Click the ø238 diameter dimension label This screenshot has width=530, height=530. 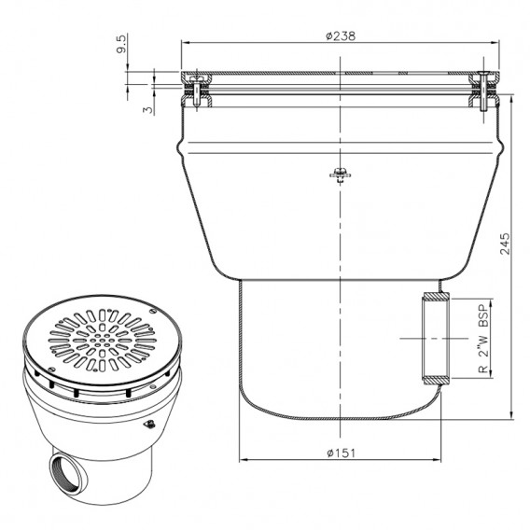pos(341,35)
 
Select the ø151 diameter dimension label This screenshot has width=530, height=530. pos(342,453)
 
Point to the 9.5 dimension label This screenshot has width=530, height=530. pos(121,43)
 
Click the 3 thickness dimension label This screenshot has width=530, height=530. pos(147,110)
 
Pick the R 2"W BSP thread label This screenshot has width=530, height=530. pos(484,339)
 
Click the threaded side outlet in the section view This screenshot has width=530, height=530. pos(436,339)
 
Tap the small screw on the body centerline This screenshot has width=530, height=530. pos(341,174)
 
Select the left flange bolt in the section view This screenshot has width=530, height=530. pos(196,91)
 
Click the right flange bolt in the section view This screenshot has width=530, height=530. pos(483,91)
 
